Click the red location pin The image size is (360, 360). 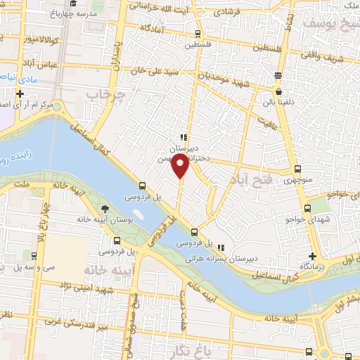180,166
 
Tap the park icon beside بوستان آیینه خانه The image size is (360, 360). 105,208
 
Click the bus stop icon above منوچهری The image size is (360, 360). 297,169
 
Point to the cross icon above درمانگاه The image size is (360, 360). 312,256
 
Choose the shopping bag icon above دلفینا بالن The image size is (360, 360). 278,91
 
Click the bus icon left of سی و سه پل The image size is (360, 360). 33,255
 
